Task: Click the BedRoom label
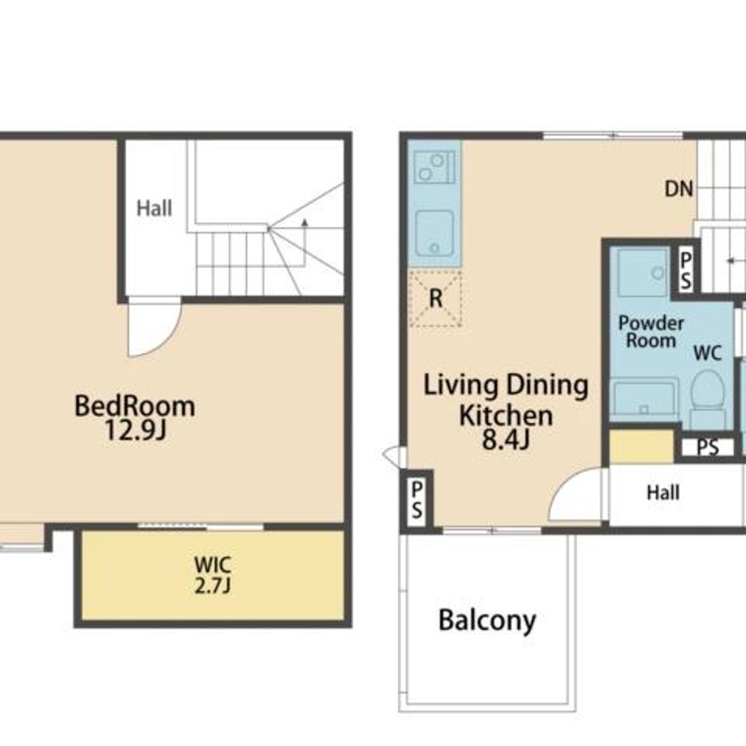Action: pyautogui.click(x=134, y=407)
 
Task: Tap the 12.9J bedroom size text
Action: pyautogui.click(x=135, y=431)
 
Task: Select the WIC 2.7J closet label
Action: pyautogui.click(x=213, y=574)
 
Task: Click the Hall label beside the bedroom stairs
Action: pyautogui.click(x=154, y=208)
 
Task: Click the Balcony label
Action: pyautogui.click(x=487, y=621)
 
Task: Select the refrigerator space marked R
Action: pyautogui.click(x=436, y=298)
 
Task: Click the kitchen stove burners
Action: pyautogui.click(x=434, y=167)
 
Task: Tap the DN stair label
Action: pyautogui.click(x=678, y=189)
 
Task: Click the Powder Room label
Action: pyautogui.click(x=651, y=332)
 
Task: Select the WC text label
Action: pyautogui.click(x=707, y=353)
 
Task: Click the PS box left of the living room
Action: pyautogui.click(x=417, y=499)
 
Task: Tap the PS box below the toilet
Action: pyautogui.click(x=708, y=447)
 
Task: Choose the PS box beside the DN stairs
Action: pyautogui.click(x=686, y=271)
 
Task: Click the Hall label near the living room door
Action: pyautogui.click(x=662, y=493)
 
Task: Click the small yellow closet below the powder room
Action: pyautogui.click(x=642, y=446)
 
